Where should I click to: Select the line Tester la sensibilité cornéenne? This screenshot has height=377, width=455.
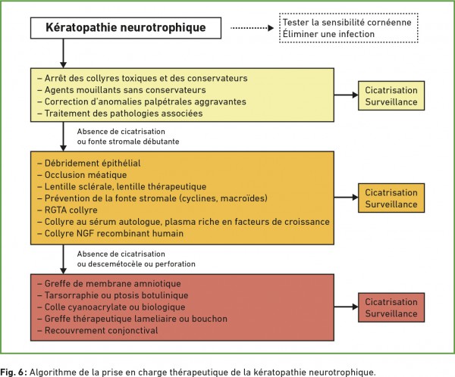click(346, 22)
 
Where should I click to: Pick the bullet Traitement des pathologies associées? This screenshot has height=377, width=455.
click(119, 113)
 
